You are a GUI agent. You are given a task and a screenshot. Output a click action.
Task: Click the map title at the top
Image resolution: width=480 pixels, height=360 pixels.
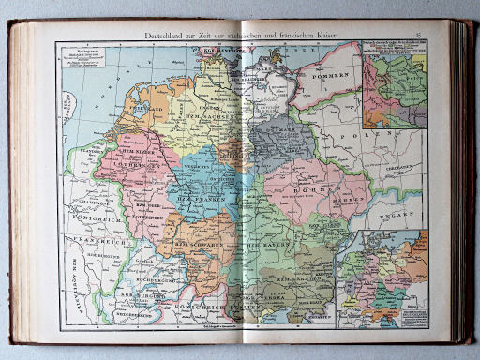(239, 35)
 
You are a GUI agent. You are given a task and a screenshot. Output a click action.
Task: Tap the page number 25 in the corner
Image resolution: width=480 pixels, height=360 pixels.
(421, 36)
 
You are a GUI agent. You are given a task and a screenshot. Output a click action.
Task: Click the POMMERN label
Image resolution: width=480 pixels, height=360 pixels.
(335, 73)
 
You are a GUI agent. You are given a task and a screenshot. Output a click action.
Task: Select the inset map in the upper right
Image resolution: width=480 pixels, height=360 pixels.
(394, 89)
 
